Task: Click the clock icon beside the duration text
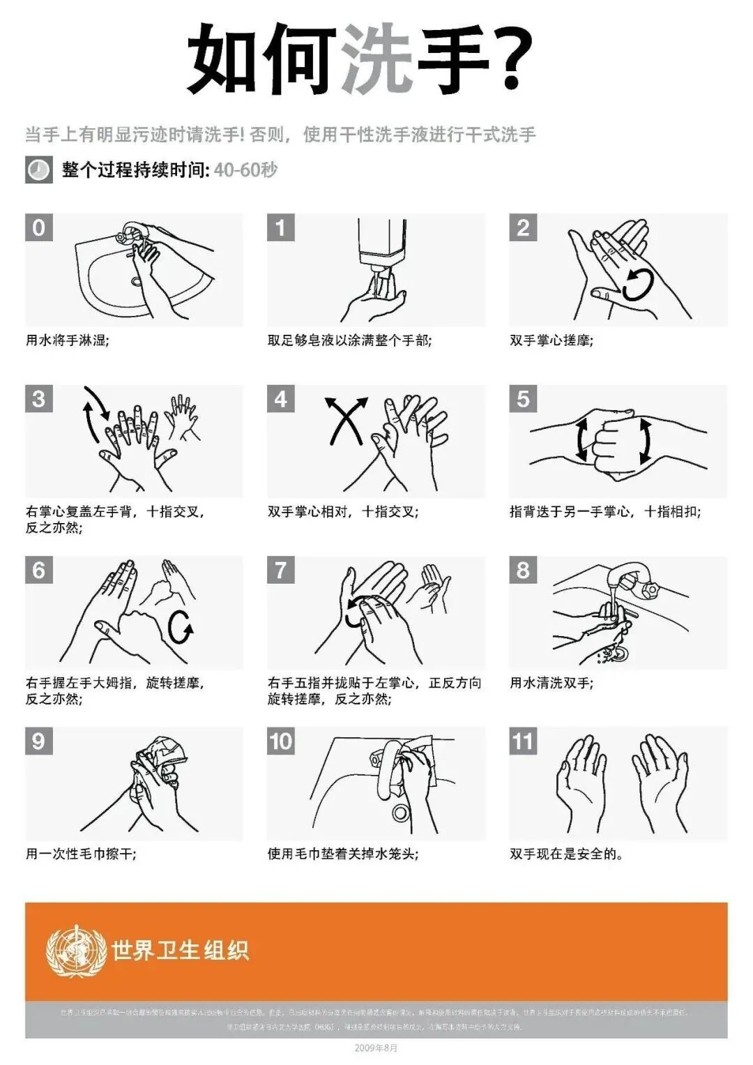point(38,170)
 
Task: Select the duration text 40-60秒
point(245,170)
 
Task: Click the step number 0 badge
point(39,227)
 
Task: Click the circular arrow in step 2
point(637,285)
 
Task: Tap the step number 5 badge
point(523,399)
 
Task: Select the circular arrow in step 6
point(181,628)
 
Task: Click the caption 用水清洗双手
point(552,683)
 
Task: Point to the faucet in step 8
point(631,579)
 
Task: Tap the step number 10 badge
point(281,741)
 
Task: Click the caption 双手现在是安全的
point(566,854)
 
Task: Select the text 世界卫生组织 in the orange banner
point(180,951)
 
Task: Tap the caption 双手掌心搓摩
point(552,341)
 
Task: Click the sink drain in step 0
point(136,282)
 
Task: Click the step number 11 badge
point(523,741)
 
